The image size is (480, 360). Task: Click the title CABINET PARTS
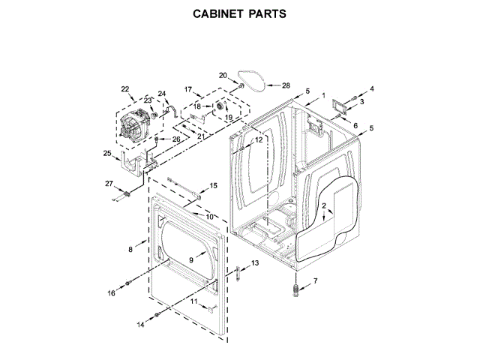[240, 14]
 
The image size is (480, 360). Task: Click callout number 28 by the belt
[285, 85]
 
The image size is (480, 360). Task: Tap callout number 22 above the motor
[125, 89]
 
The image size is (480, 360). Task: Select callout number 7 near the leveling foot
[315, 281]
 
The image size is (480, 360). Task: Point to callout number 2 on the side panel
[324, 205]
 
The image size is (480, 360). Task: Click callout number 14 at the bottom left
[140, 325]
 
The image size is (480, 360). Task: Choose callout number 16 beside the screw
[112, 293]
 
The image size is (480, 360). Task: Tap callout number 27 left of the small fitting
[108, 184]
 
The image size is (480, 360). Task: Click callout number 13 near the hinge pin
[254, 263]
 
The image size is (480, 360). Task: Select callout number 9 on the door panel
[191, 259]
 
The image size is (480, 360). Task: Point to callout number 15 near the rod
[213, 185]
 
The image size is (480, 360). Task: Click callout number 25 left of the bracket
[106, 154]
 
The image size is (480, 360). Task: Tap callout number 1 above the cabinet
[323, 95]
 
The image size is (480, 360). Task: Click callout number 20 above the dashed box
[223, 75]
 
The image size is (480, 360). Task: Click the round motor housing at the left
[133, 127]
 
